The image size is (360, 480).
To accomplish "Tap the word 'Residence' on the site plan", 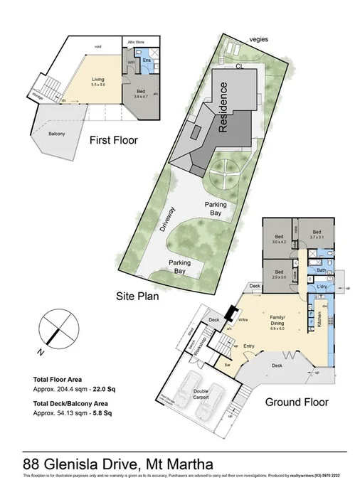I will [223, 108].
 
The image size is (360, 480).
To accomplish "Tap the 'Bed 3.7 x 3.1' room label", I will [316, 234].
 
